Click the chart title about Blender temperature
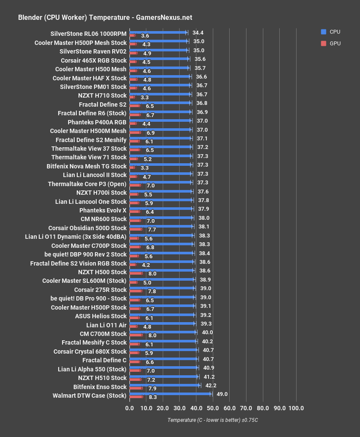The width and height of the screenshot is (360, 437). [105, 18]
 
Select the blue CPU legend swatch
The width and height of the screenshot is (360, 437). [323, 32]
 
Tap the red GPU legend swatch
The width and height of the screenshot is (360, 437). [323, 43]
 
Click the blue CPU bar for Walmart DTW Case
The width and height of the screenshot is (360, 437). [170, 394]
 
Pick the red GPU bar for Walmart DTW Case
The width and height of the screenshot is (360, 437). [136, 397]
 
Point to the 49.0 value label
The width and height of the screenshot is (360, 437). [222, 394]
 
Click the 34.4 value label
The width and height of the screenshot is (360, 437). [198, 32]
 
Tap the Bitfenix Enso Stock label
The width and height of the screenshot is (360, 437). [100, 387]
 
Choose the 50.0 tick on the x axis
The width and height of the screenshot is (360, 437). [213, 408]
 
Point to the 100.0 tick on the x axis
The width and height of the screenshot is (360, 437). [296, 408]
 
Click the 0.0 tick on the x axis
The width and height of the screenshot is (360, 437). [129, 408]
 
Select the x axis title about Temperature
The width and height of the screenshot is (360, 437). [212, 420]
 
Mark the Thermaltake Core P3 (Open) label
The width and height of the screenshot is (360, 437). [87, 184]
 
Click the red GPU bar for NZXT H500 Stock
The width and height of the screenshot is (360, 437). [136, 273]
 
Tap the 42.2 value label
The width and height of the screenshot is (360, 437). [211, 385]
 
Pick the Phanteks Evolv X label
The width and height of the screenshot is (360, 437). [103, 210]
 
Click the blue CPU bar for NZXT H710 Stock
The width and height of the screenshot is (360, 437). [160, 94]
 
